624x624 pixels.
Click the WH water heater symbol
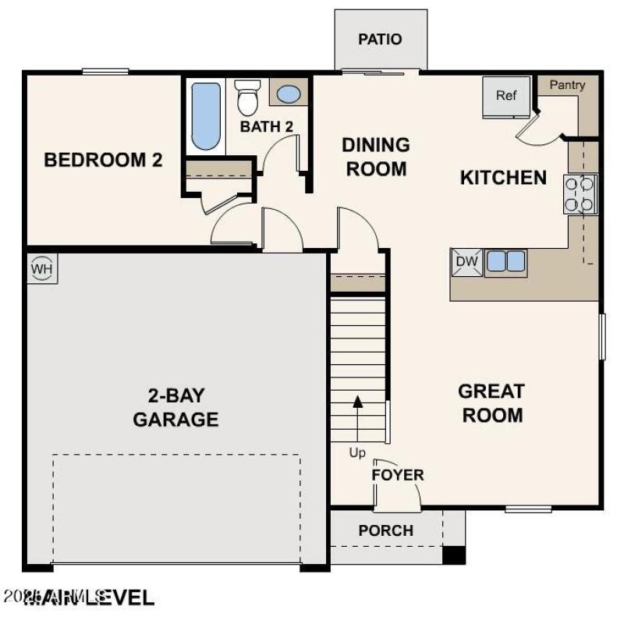tap(41, 269)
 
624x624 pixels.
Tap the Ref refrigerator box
tap(506, 97)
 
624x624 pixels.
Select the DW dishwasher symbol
tap(466, 262)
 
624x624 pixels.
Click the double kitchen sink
tap(505, 262)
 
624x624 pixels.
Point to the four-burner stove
tap(580, 194)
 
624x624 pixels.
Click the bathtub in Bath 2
tap(206, 115)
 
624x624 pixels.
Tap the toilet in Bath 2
tap(247, 98)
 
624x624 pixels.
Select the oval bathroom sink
tap(289, 94)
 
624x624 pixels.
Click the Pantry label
tap(567, 85)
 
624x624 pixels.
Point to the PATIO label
tap(380, 39)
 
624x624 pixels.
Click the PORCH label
tap(385, 530)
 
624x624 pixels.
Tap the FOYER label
tap(398, 475)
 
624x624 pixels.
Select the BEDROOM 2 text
tap(103, 161)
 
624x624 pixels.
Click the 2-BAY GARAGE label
tap(175, 406)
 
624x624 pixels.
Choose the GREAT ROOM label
tap(491, 402)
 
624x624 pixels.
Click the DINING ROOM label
tap(376, 157)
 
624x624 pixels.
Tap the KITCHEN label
tap(503, 178)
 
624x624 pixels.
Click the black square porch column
tap(454, 555)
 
